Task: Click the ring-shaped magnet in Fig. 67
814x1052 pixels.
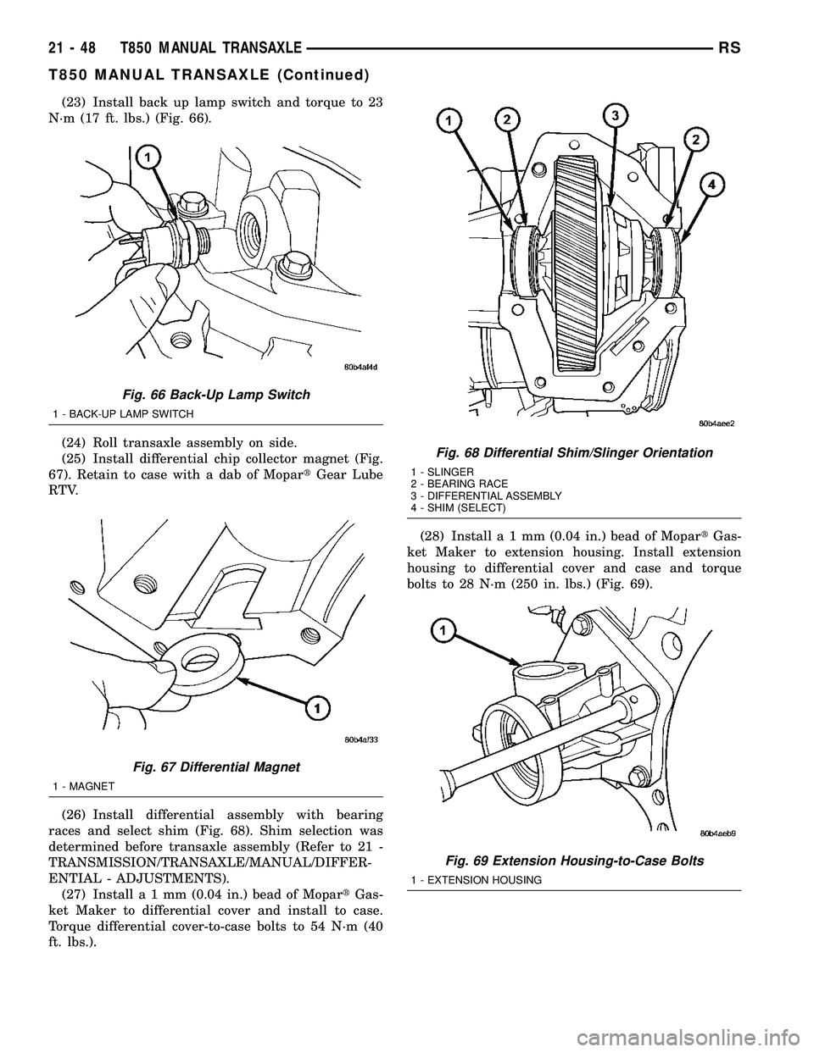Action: [197, 653]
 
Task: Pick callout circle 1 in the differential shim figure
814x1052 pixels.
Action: [444, 122]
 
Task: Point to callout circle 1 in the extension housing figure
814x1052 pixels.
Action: [442, 629]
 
